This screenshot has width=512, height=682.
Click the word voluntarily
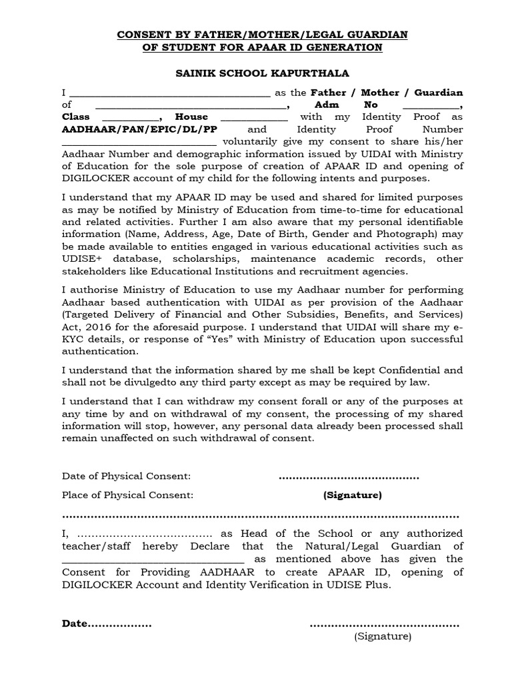[253, 142]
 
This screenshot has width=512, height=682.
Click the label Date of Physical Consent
[126, 476]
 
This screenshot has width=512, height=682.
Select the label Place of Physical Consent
[127, 495]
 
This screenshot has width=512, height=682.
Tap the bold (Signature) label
[352, 495]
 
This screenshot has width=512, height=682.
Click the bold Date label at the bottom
[75, 623]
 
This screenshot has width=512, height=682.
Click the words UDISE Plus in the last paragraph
[357, 585]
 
